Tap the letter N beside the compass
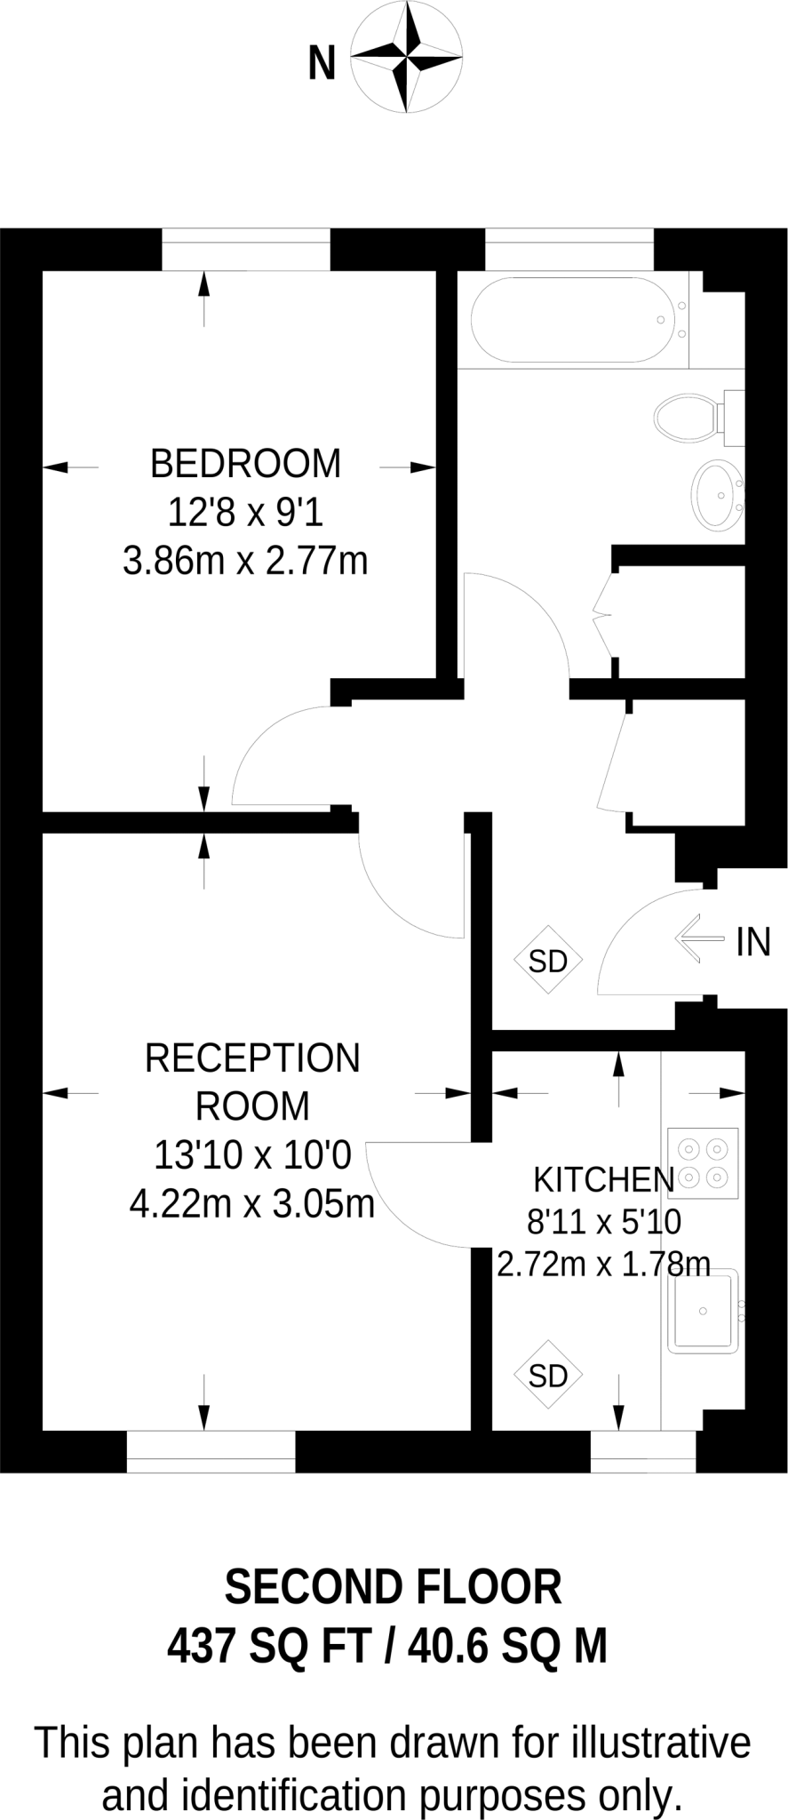322,64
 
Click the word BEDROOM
245,464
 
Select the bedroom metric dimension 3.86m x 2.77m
245,561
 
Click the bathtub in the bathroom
569,320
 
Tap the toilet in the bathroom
689,417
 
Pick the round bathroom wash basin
716,495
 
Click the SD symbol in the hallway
548,961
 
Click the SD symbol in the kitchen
548,1376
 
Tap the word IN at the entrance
753,942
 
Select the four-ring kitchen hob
703,1163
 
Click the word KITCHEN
603,1179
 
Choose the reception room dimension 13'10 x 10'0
252,1155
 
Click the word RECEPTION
252,1058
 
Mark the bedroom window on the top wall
246,249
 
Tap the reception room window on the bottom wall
211,1451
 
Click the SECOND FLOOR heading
393,1587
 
